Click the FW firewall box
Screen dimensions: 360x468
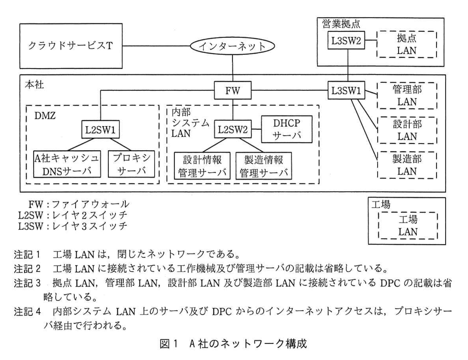tap(232, 90)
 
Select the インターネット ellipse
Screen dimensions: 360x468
tap(232, 46)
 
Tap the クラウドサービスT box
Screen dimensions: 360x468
tap(71, 46)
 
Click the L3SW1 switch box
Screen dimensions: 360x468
tap(346, 90)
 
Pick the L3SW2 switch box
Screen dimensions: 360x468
tap(346, 40)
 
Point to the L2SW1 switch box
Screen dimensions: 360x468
tap(100, 130)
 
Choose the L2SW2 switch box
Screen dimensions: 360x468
tap(232, 130)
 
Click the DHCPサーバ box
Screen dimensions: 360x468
tap(287, 129)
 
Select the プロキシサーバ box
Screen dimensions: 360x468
tap(131, 164)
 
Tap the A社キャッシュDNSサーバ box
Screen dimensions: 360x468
tap(67, 164)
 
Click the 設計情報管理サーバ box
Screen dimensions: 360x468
tap(202, 166)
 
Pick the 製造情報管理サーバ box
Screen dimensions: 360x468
tap(264, 166)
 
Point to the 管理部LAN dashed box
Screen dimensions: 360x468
tap(407, 96)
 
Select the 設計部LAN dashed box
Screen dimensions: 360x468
tap(407, 130)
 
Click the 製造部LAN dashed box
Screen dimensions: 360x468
tap(407, 165)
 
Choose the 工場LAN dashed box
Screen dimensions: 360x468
tap(408, 226)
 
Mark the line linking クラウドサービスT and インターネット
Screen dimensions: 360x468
tap(156, 46)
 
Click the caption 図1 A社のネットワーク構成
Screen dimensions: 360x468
tap(233, 344)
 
